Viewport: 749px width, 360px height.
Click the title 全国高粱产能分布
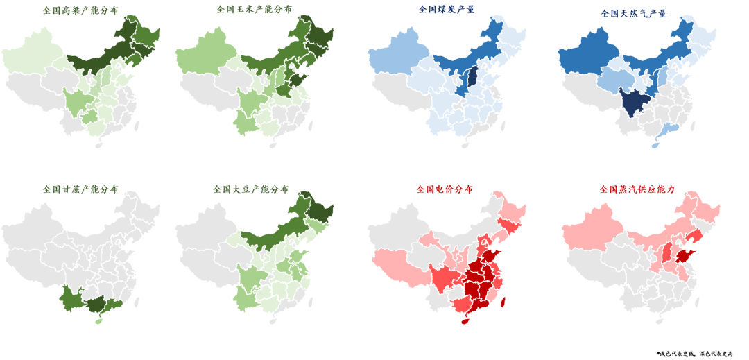[x=80, y=10]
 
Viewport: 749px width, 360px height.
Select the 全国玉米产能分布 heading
[x=254, y=10]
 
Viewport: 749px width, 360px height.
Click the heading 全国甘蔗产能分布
[x=80, y=189]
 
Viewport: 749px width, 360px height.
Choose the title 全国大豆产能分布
[x=251, y=189]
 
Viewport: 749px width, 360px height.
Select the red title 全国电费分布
[x=445, y=189]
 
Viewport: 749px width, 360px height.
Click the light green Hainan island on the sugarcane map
[x=98, y=320]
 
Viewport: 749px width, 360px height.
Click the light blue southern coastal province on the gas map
[x=669, y=129]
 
